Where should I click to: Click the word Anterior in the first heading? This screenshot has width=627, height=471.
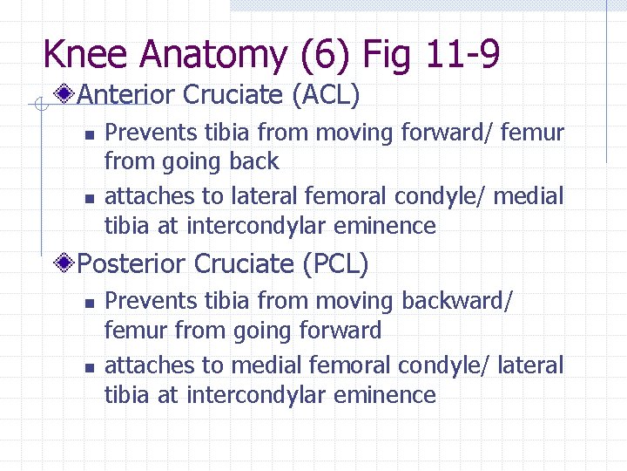click(126, 94)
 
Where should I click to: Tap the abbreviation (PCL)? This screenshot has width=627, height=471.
click(334, 263)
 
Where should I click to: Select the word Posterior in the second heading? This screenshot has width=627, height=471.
click(131, 263)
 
